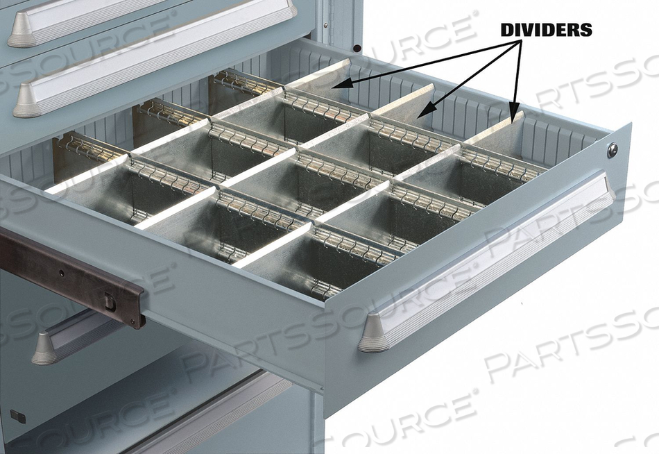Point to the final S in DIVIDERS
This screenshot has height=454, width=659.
587,30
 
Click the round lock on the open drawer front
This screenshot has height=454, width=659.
613,149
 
